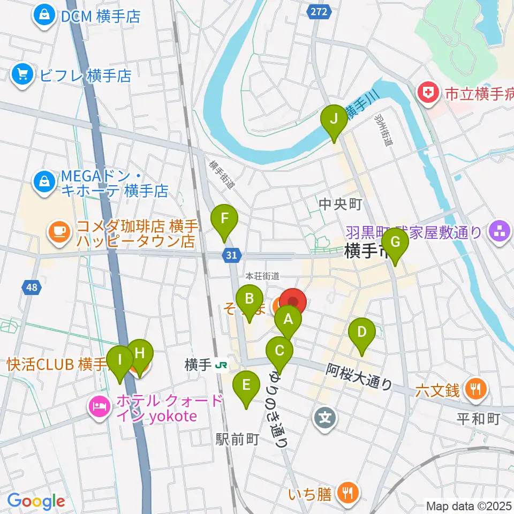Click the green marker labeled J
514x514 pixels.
[334, 119]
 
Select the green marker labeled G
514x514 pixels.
[395, 243]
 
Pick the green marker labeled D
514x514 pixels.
[362, 333]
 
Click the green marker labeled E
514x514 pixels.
[246, 385]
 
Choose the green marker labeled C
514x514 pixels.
[279, 352]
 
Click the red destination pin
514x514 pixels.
[293, 303]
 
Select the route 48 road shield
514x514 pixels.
[32, 288]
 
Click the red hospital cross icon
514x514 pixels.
[428, 94]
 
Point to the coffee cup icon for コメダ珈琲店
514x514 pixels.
[59, 231]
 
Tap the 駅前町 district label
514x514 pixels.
[237, 439]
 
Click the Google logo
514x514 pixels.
[36, 501]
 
